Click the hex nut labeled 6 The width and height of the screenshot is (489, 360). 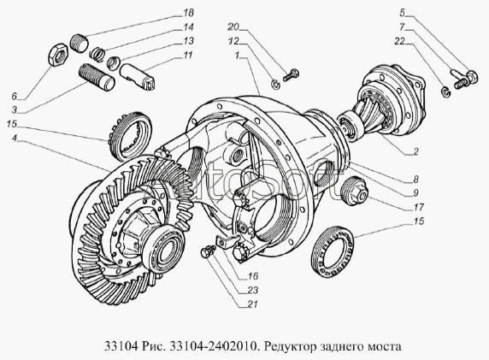57,55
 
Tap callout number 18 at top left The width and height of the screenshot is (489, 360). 187,13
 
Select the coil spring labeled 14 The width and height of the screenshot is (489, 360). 97,52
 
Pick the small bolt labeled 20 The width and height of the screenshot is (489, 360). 291,75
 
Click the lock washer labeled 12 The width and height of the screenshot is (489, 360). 275,84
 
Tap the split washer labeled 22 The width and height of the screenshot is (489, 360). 446,92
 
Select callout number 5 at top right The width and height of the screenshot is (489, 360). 403,13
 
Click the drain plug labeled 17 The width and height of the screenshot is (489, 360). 356,191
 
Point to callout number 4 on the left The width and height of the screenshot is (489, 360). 15,138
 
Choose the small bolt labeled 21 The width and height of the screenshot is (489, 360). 208,251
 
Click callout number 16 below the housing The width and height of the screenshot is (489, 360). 253,276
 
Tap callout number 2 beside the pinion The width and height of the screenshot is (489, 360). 415,152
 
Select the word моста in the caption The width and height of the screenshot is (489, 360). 386,346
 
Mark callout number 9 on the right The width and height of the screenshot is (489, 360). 415,193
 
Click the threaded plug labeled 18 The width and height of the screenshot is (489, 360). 78,43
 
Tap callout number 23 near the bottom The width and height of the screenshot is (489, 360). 253,290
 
